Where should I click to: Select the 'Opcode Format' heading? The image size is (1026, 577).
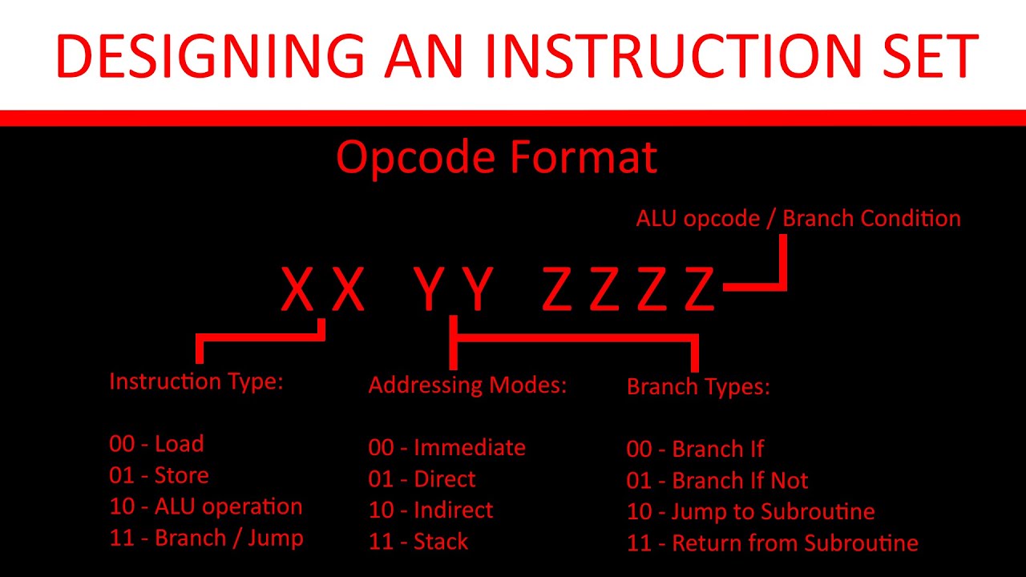click(496, 158)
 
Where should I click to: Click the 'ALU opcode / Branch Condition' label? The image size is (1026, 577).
click(798, 218)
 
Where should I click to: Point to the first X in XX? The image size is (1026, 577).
click(297, 290)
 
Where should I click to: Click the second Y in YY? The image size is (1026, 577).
click(478, 290)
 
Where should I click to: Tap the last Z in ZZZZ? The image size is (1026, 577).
click(699, 290)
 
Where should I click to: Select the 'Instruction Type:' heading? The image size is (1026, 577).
click(196, 381)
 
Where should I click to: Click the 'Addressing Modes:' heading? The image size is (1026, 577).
click(467, 385)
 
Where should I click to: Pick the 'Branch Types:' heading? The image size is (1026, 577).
click(698, 387)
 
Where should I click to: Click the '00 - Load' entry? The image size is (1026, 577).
click(156, 444)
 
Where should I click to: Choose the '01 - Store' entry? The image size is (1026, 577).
click(159, 475)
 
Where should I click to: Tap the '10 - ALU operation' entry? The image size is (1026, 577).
click(206, 506)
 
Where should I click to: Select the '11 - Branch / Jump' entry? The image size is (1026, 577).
click(206, 538)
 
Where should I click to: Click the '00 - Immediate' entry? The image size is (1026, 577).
click(446, 447)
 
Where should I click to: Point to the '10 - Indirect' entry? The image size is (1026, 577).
click(430, 510)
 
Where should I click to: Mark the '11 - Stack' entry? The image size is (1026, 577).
click(418, 541)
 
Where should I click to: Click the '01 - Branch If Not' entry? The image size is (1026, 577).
click(717, 481)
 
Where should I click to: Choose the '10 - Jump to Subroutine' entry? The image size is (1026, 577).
click(750, 511)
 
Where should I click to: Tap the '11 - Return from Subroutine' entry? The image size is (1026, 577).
click(772, 543)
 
